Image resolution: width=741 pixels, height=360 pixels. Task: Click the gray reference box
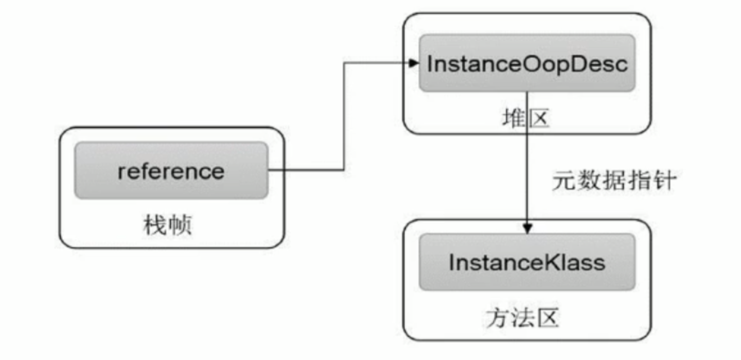click(x=171, y=170)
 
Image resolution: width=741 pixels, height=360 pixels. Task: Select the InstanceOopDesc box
click(x=527, y=63)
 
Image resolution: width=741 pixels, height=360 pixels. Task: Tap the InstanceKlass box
click(x=527, y=262)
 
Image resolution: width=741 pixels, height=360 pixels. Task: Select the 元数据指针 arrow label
click(x=613, y=182)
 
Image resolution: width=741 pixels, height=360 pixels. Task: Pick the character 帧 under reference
click(x=180, y=225)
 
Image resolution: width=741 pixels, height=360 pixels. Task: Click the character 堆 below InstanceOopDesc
click(x=512, y=119)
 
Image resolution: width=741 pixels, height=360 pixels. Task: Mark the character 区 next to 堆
click(x=538, y=119)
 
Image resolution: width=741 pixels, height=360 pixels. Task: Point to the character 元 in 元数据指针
click(x=563, y=182)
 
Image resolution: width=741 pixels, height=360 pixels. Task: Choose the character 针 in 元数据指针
click(x=662, y=182)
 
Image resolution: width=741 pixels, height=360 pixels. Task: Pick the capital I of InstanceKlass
click(x=451, y=262)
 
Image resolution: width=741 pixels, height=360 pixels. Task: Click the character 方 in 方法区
click(x=496, y=319)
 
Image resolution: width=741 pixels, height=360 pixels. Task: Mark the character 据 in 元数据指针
click(x=613, y=182)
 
